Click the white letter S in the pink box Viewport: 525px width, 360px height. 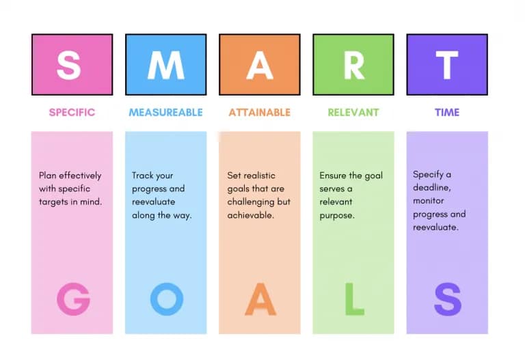[68, 65]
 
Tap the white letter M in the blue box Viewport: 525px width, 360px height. [166, 66]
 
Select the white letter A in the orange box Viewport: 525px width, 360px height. [260, 66]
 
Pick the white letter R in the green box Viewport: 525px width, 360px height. [354, 66]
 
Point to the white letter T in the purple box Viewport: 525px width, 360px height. [447, 66]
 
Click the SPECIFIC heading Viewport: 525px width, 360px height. [72, 113]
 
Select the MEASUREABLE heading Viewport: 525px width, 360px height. [165, 113]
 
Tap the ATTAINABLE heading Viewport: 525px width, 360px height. [260, 113]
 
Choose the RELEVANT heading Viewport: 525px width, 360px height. [353, 113]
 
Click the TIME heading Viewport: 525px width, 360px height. [447, 113]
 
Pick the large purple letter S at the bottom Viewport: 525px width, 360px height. [448, 299]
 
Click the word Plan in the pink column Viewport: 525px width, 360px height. [48, 176]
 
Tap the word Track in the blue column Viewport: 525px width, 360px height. [142, 176]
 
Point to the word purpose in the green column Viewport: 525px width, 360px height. [336, 216]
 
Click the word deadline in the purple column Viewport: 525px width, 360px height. [431, 188]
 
